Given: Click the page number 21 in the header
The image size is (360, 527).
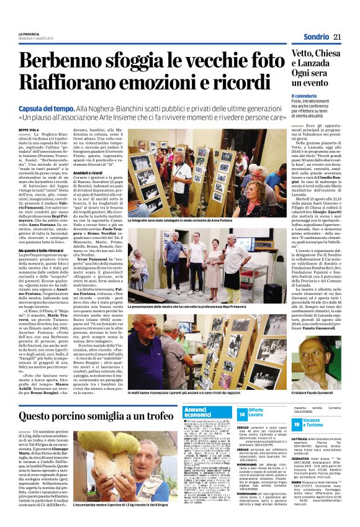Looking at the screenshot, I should click(x=338, y=37).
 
